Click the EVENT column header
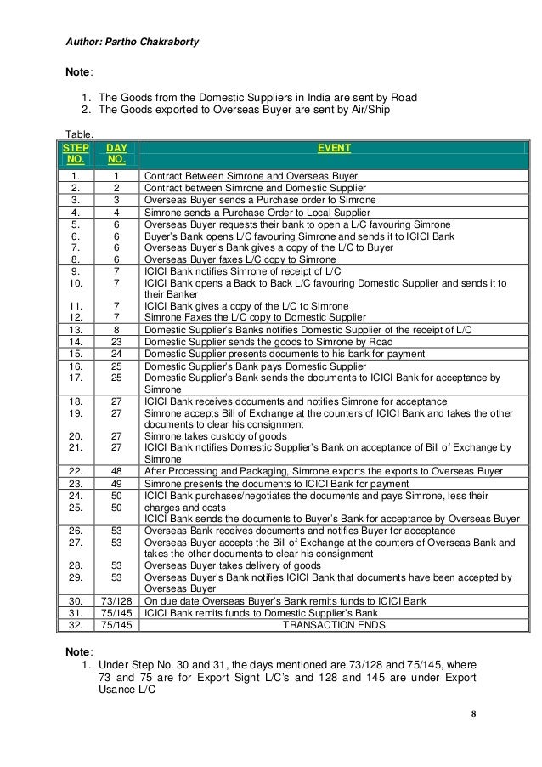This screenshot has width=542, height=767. tap(333, 148)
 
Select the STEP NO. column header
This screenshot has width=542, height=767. tap(75, 153)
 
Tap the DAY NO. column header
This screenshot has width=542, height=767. tap(116, 153)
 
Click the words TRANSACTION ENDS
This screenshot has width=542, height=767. tap(334, 624)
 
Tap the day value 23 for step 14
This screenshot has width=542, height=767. tap(116, 341)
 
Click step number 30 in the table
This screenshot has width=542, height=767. tap(76, 600)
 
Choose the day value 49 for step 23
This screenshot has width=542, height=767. tap(116, 484)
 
